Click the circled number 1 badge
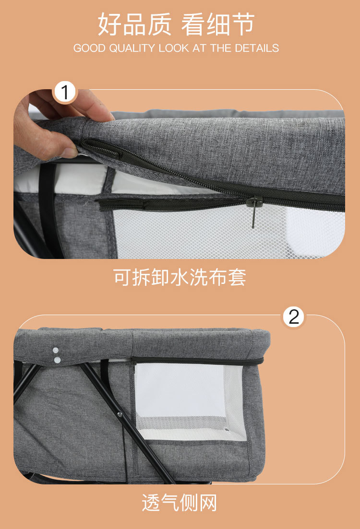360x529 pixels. point(64,92)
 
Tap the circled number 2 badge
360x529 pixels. point(293,317)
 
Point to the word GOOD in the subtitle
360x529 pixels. point(89,48)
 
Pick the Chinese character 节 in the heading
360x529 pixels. point(242,24)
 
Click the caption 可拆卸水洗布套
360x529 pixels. point(180,277)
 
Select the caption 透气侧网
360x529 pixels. point(180,502)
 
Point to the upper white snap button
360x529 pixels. point(55,351)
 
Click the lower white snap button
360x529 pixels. point(58,360)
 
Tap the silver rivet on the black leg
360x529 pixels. point(120,413)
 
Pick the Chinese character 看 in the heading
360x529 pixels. point(193,24)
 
